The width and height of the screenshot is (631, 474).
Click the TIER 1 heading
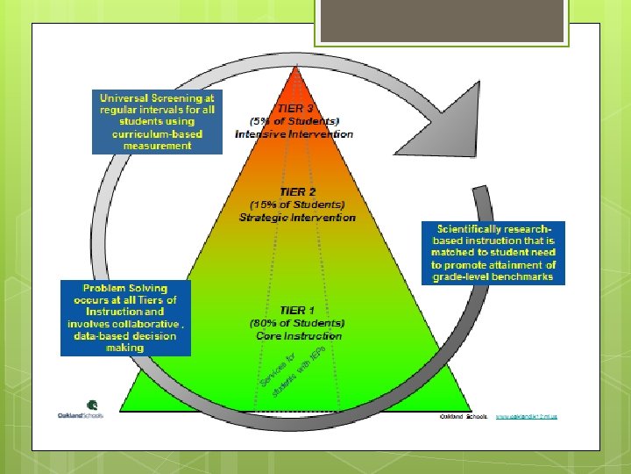(294, 310)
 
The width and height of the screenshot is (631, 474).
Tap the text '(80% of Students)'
(299, 322)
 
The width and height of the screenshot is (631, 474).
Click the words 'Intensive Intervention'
(294, 134)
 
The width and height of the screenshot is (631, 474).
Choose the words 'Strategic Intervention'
(297, 217)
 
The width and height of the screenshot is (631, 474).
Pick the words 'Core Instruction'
(299, 335)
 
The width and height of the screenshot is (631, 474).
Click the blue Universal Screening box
(157, 121)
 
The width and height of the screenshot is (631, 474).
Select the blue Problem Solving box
(124, 318)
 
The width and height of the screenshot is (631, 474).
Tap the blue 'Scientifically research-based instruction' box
(493, 252)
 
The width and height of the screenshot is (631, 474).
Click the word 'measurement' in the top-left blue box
(157, 146)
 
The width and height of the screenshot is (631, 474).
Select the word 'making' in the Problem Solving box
(124, 348)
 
